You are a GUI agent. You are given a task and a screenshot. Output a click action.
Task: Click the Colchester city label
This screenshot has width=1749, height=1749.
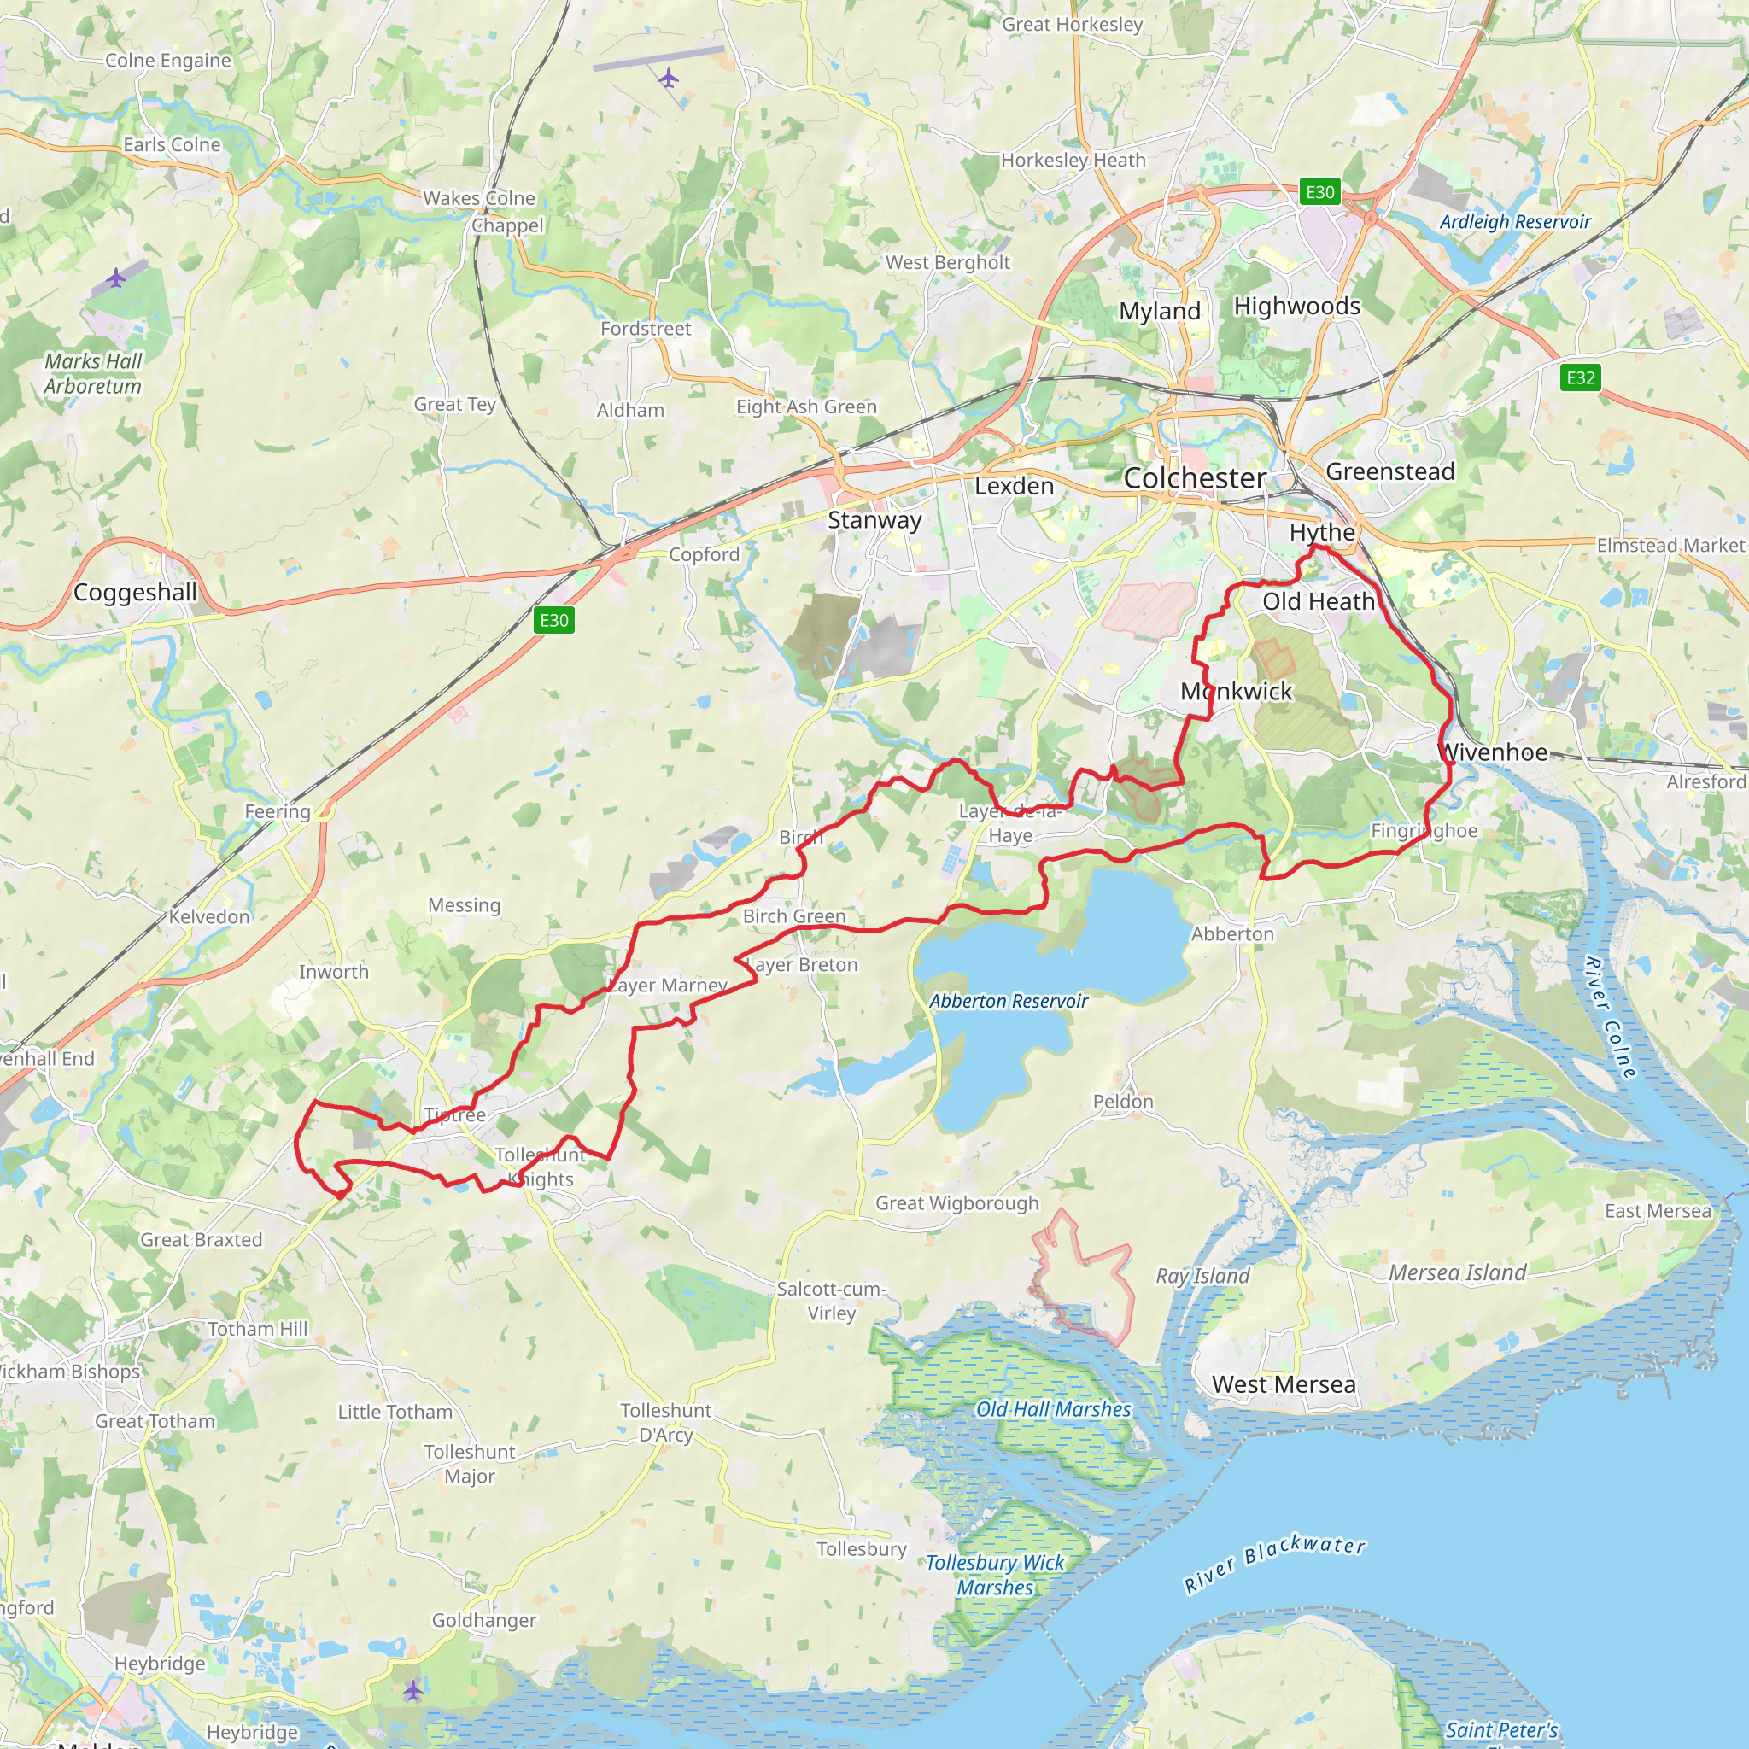click(1194, 478)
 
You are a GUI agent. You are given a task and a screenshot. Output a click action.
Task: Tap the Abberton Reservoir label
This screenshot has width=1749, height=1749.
click(1009, 1001)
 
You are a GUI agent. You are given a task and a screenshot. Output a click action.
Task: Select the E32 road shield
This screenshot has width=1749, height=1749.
click(1581, 377)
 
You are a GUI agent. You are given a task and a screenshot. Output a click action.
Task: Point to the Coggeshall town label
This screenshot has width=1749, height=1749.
click(135, 593)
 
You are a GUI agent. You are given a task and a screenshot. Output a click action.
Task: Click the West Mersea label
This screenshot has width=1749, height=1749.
click(1284, 1385)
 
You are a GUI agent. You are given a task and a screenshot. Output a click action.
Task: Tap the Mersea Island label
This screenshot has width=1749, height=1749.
click(1458, 1272)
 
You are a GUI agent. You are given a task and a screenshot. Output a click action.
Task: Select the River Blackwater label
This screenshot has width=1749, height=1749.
click(1275, 1564)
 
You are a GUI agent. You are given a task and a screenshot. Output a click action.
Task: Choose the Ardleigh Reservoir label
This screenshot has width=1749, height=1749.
click(1516, 222)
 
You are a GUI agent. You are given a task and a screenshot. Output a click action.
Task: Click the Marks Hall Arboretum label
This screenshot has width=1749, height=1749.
click(93, 374)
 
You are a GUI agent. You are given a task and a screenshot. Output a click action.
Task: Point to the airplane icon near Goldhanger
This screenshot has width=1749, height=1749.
click(412, 1690)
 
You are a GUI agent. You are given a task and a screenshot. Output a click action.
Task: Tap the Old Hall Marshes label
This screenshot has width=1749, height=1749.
click(1054, 1409)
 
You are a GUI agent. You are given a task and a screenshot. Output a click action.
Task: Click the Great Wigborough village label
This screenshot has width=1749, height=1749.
click(956, 1203)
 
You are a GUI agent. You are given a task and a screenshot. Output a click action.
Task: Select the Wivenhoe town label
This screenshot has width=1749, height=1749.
click(1493, 752)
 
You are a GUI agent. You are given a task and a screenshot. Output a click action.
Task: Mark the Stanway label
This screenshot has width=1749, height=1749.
click(874, 521)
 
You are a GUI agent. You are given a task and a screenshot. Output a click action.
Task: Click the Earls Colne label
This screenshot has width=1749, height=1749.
click(172, 145)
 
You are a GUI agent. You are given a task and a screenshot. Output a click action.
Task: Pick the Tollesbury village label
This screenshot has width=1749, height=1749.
click(861, 1549)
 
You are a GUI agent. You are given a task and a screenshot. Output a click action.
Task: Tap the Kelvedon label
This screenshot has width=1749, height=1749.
click(209, 917)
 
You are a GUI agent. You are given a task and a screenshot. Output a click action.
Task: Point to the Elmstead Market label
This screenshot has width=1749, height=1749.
click(1670, 545)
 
